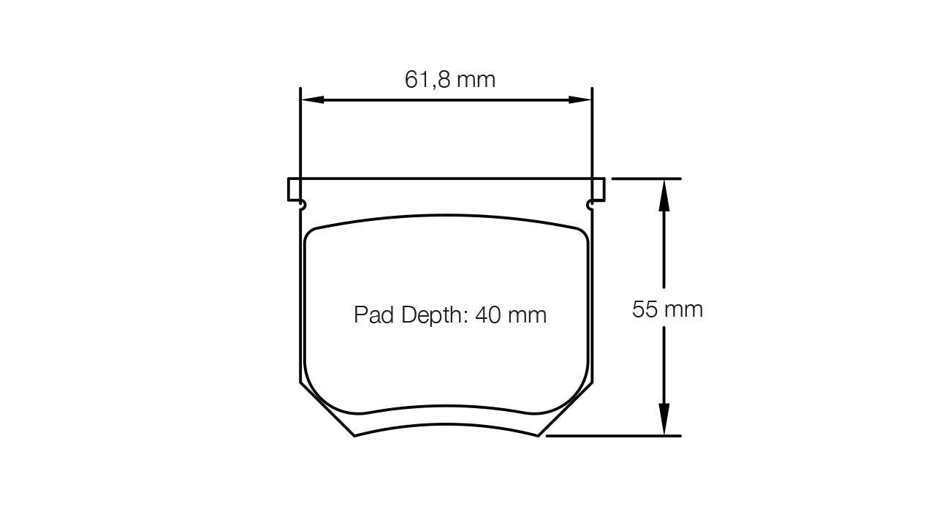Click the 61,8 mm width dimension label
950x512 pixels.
pos(450,79)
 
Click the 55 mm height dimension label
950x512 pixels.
pos(667,309)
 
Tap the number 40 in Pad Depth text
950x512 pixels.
pos(488,315)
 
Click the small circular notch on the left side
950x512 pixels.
pos(303,206)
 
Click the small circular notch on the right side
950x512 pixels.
pos(590,206)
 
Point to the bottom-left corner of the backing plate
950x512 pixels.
pos(354,435)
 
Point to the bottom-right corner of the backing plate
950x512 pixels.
pos(539,435)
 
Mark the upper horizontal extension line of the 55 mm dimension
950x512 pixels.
pos(646,178)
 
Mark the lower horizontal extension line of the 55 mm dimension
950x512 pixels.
pos(614,436)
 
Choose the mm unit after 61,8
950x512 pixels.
pos(476,79)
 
